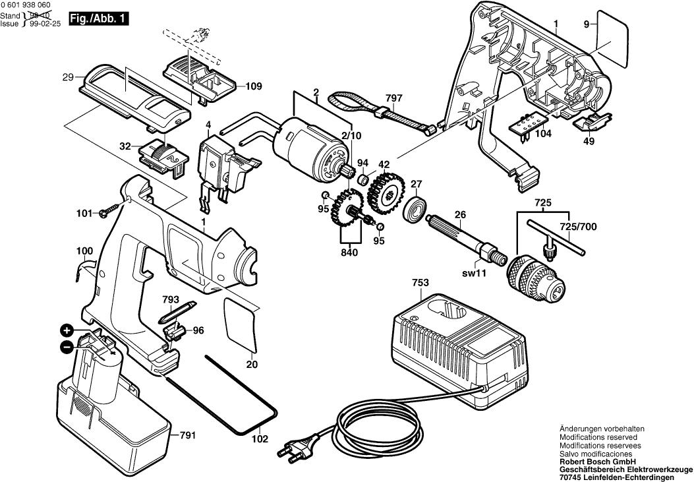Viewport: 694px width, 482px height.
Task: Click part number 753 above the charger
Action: coord(420,283)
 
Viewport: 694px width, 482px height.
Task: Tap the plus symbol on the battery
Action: coord(67,330)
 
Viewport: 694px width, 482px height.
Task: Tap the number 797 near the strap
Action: coord(393,98)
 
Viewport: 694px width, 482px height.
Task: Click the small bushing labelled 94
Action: coord(362,179)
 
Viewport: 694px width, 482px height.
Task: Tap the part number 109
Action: coord(254,86)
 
